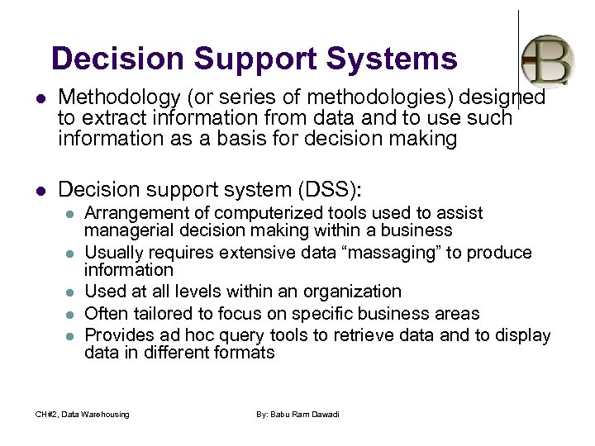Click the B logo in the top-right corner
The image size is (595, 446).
(x=547, y=60)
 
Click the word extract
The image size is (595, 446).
(x=112, y=118)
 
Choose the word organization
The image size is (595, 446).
(x=353, y=292)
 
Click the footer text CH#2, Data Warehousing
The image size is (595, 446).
(x=82, y=414)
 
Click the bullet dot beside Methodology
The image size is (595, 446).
(x=37, y=99)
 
